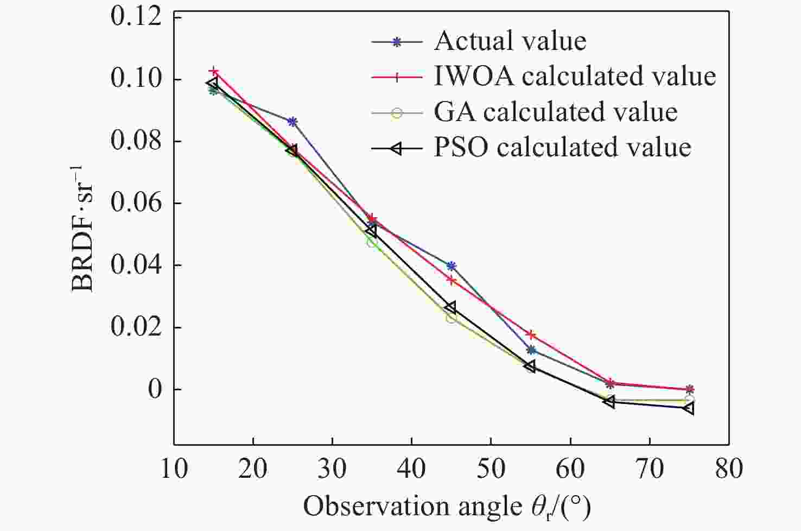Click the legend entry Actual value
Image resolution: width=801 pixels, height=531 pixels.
[x=510, y=41]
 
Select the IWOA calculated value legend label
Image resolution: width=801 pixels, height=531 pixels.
[x=575, y=77]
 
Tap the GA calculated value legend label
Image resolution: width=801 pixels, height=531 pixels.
[x=555, y=112]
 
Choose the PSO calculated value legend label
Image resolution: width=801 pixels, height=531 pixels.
[x=562, y=148]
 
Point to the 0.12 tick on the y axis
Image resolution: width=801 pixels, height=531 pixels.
[x=136, y=17]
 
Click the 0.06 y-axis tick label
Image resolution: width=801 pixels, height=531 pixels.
[x=136, y=204]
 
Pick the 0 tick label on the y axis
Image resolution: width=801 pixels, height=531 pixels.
[x=154, y=390]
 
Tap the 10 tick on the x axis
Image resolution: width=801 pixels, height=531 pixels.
[x=174, y=468]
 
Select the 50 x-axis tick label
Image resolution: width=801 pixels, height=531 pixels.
[x=491, y=468]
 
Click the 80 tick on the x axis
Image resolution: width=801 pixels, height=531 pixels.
[x=728, y=468]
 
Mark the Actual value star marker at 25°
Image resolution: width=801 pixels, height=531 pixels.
[x=293, y=122]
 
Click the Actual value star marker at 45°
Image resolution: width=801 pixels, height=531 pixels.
[x=451, y=266]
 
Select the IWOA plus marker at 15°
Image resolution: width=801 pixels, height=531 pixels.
[x=214, y=72]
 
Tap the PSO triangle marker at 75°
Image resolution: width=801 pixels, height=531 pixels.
[x=689, y=408]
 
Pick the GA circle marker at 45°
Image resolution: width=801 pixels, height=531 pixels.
[x=451, y=318]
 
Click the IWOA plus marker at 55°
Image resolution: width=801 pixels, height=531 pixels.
[x=531, y=334]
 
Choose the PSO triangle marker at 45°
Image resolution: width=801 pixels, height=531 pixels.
[x=450, y=308]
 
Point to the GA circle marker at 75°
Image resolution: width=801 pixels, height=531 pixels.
[x=689, y=400]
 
